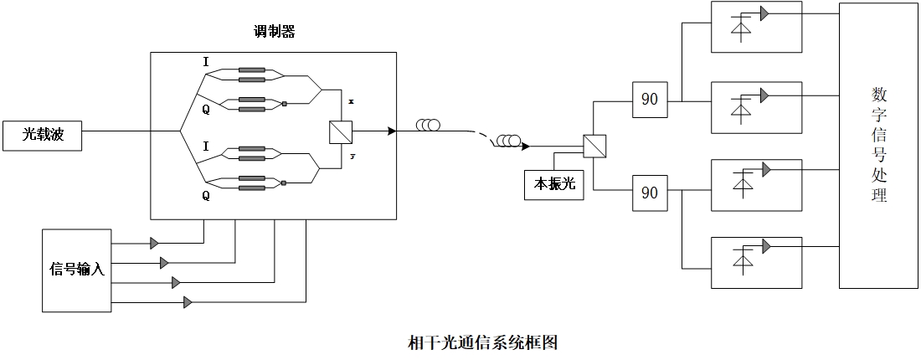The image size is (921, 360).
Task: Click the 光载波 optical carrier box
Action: (43, 135)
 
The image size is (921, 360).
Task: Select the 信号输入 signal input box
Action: (76, 269)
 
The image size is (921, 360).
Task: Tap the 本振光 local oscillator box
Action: (554, 184)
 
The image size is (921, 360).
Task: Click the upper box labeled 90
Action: (649, 99)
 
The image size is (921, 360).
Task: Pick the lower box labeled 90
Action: (649, 192)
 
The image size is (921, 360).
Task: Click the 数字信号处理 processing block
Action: (878, 145)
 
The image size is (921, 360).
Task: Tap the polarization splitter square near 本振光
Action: (594, 146)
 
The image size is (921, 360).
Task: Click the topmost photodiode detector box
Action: (756, 27)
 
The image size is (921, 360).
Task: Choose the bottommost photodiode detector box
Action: (756, 263)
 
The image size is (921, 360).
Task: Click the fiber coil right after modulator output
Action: (429, 126)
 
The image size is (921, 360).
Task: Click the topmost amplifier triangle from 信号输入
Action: (154, 243)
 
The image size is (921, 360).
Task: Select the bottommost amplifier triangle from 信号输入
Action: (188, 301)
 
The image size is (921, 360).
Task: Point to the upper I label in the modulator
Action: (206, 62)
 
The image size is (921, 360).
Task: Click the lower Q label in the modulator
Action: (206, 196)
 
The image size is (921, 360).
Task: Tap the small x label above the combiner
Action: (351, 100)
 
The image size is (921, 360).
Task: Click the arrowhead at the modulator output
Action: (390, 131)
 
